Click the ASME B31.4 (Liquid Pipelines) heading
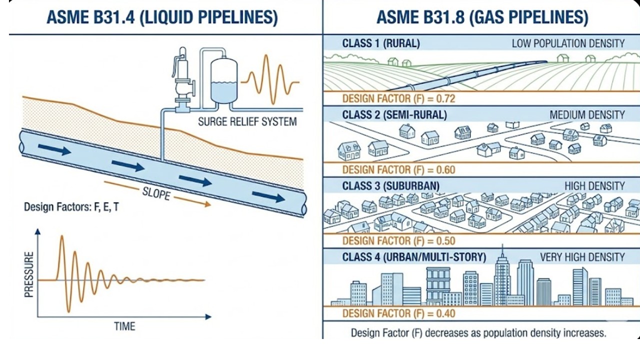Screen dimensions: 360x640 [x=161, y=17]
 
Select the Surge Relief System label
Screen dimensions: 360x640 [x=247, y=121]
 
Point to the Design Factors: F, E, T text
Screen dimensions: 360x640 [x=71, y=206]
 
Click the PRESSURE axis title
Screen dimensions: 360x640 [x=29, y=275]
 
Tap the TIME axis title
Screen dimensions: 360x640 [x=124, y=326]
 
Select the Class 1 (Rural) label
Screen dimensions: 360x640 [x=380, y=43]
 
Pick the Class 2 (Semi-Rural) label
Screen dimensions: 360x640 [x=394, y=114]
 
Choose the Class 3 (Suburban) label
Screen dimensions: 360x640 [x=390, y=186]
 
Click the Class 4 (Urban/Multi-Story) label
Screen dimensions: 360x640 [x=414, y=257]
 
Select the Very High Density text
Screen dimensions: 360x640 [x=582, y=257]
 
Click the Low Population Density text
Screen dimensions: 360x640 [x=568, y=43]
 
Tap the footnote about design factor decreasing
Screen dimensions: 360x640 [x=478, y=332]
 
